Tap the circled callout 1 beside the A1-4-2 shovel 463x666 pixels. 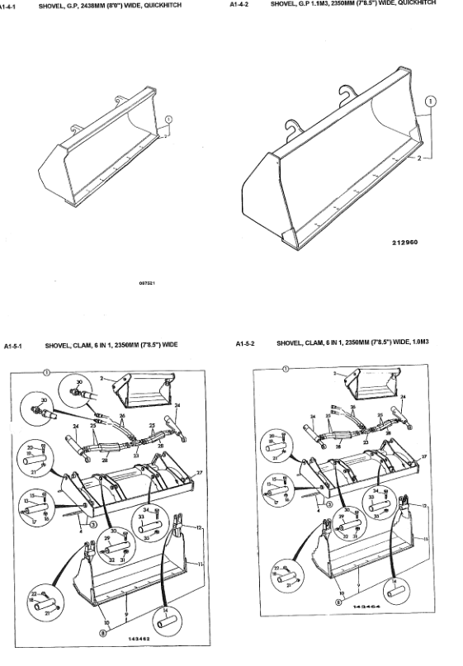(x=430, y=104)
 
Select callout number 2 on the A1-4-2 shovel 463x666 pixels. (x=418, y=156)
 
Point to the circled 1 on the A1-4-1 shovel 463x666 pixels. (x=168, y=120)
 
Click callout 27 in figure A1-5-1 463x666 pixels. (x=198, y=473)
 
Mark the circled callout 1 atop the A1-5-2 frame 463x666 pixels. (x=285, y=368)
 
